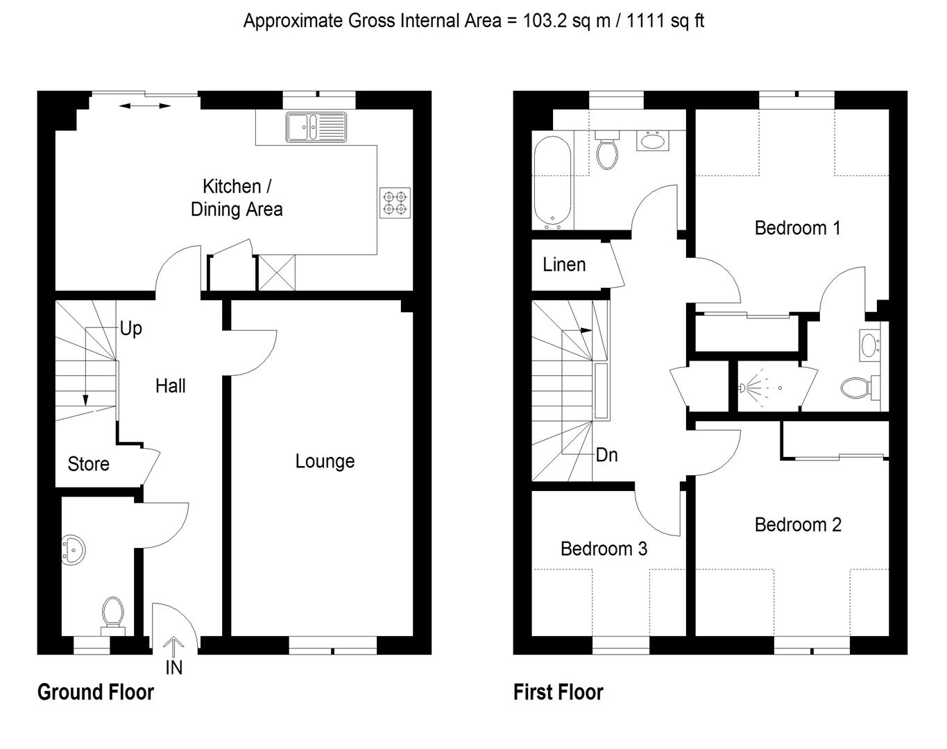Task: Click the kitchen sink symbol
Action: click(x=316, y=128)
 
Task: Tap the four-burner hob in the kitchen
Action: click(x=395, y=203)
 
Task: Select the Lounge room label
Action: click(x=325, y=461)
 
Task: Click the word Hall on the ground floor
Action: click(x=170, y=386)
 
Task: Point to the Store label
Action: click(x=88, y=464)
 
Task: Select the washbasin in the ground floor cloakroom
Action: click(x=74, y=549)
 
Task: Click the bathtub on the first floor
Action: click(x=552, y=182)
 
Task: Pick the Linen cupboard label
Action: click(x=564, y=265)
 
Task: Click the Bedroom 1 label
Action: click(x=797, y=227)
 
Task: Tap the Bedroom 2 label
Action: click(x=798, y=525)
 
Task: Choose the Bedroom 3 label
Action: click(x=604, y=549)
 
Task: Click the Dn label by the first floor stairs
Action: click(x=606, y=455)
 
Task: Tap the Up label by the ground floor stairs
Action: click(x=130, y=328)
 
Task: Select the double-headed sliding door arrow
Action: click(x=145, y=106)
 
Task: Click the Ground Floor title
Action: click(x=96, y=692)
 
